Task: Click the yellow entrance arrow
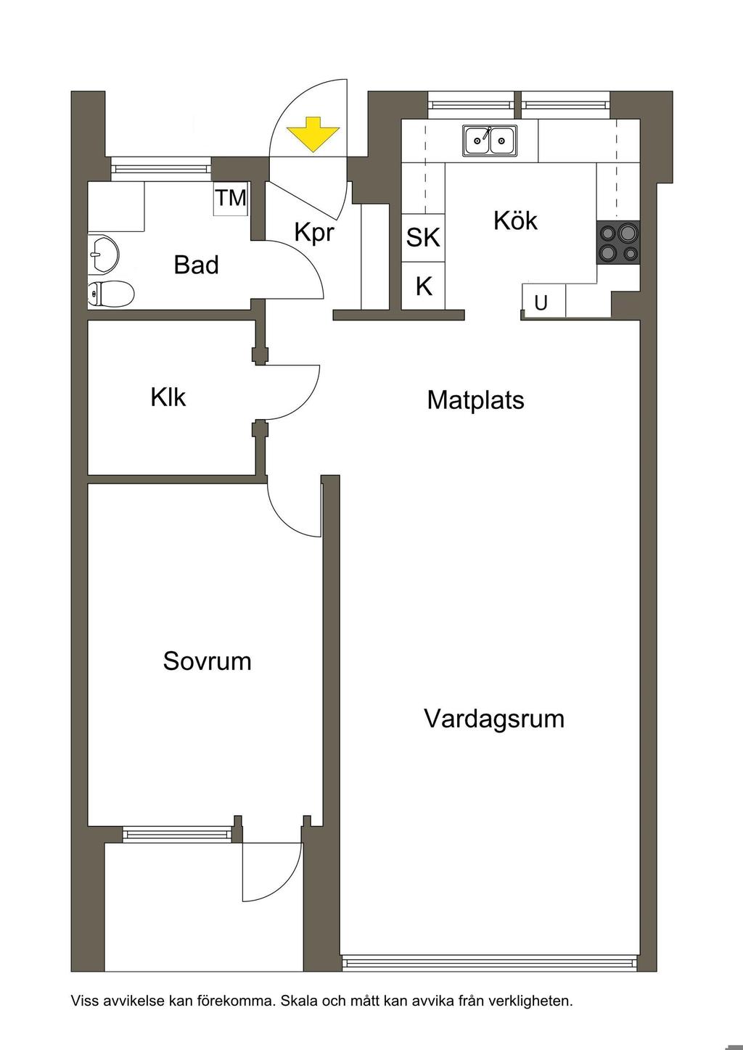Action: tap(313, 134)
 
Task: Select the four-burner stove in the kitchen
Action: tap(618, 242)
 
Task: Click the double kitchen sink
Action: tap(490, 140)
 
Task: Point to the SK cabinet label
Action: tap(422, 237)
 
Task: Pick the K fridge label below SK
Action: tap(424, 286)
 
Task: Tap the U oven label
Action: tap(541, 303)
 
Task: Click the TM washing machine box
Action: tap(230, 198)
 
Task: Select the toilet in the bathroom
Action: tap(111, 294)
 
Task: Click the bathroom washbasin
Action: tap(103, 254)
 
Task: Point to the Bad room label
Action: tap(196, 265)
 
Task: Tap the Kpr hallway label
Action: tap(313, 232)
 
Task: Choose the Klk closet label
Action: tap(168, 397)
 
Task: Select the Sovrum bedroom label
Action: tap(207, 661)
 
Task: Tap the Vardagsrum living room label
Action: tap(494, 719)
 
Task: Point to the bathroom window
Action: tap(161, 168)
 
